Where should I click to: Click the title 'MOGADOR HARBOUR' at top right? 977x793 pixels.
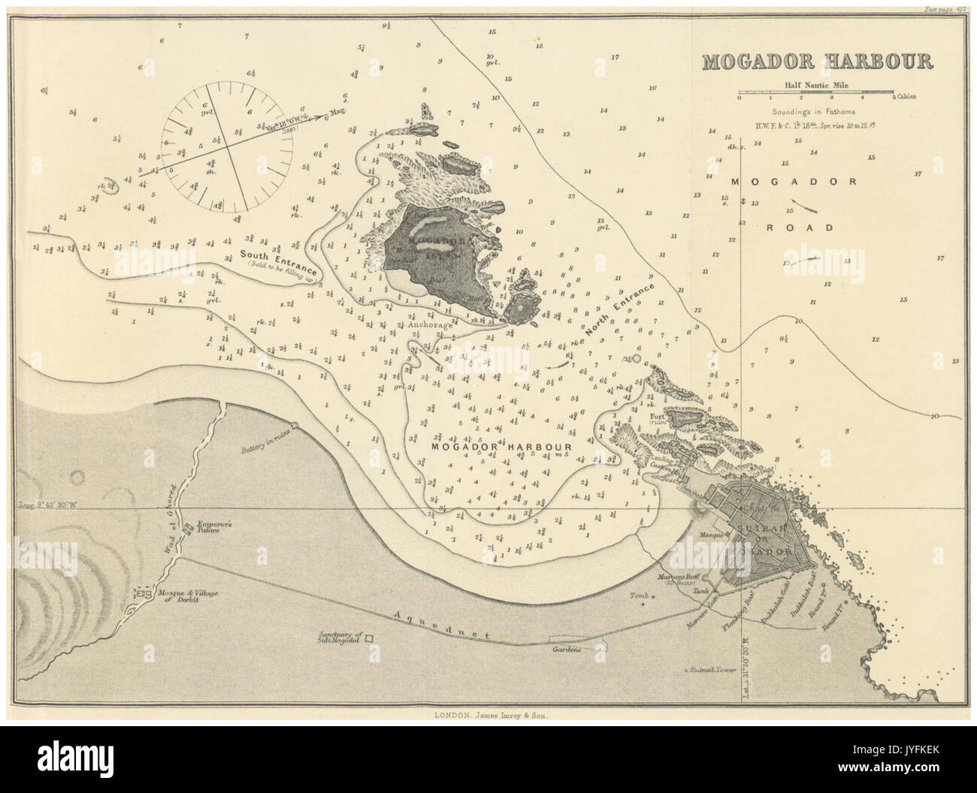coord(816,62)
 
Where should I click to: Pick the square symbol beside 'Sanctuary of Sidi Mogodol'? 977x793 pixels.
coord(370,639)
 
